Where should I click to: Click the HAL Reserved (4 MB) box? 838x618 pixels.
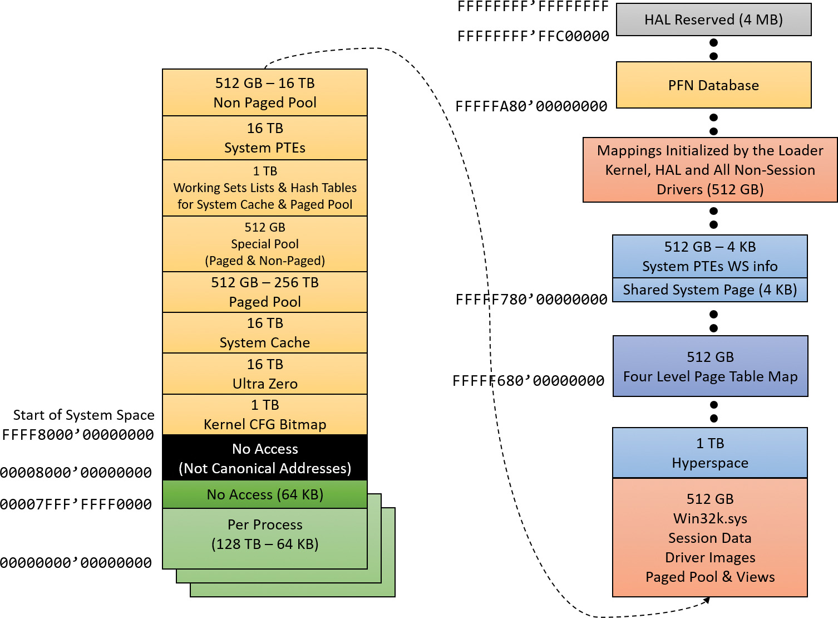tap(713, 20)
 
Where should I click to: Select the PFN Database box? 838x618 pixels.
tap(713, 85)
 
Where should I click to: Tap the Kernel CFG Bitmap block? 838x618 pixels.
tap(265, 415)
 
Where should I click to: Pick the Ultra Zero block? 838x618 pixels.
tap(265, 374)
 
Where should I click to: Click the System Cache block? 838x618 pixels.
tap(265, 333)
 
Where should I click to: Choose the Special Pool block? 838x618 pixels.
tap(265, 244)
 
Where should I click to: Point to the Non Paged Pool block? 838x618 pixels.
tap(265, 92)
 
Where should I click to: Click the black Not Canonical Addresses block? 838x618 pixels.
tap(265, 458)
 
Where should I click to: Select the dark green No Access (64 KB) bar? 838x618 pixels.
tap(265, 494)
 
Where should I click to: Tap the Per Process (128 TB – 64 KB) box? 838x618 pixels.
tap(265, 534)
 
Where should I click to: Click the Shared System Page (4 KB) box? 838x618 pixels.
tap(709, 290)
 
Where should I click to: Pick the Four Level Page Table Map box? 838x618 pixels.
tap(710, 366)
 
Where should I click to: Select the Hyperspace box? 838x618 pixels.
tap(709, 453)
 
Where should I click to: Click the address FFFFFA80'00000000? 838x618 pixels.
tap(531, 106)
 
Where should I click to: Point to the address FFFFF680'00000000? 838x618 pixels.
tap(528, 381)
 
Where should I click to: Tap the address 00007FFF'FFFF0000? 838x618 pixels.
tap(76, 504)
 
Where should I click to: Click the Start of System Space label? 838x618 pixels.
tap(84, 415)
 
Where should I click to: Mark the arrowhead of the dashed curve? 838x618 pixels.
tap(707, 600)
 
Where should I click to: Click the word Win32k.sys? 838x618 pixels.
tap(710, 518)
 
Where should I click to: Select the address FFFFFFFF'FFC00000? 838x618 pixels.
tap(533, 37)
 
